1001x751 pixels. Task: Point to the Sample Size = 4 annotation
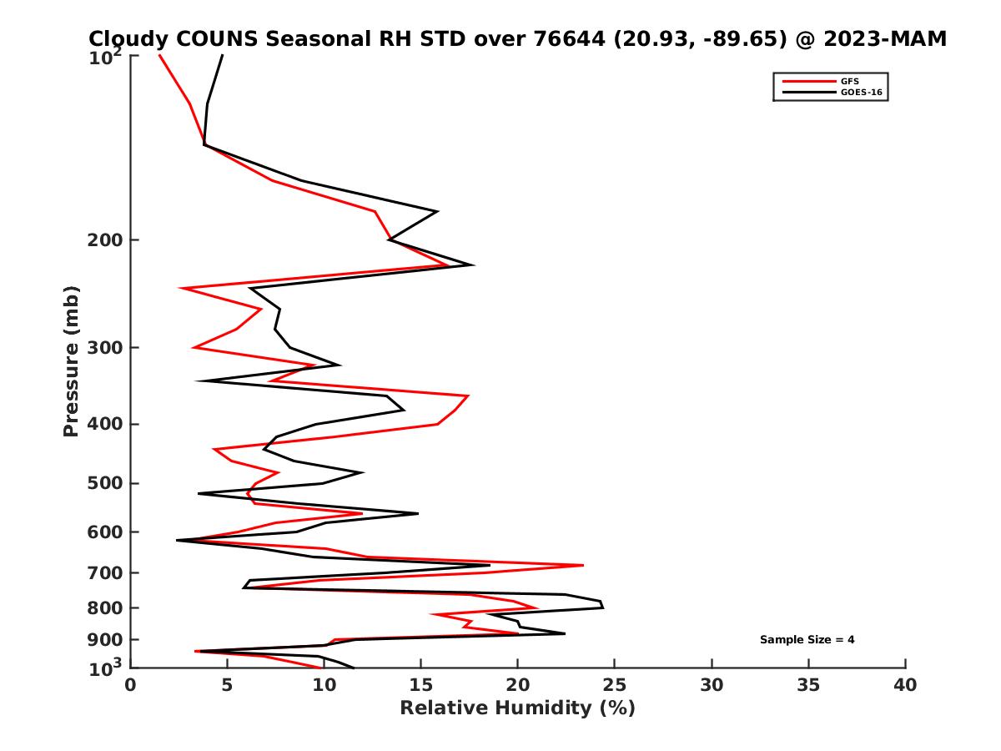point(807,640)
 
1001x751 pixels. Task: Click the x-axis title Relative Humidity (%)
point(517,708)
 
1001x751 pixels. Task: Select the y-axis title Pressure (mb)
point(71,360)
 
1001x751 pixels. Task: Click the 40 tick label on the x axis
point(905,685)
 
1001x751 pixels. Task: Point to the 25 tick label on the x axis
point(615,685)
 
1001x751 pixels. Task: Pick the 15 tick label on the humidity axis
point(421,685)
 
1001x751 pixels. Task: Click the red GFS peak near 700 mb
point(583,565)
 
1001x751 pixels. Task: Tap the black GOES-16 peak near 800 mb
point(603,607)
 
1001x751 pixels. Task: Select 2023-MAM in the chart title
point(883,39)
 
